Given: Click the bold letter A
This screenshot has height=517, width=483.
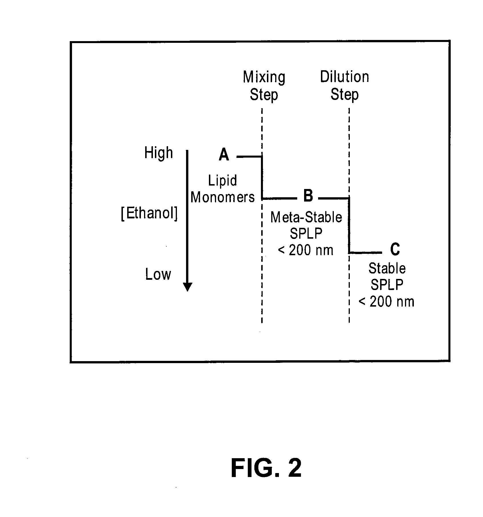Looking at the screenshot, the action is pos(224,155).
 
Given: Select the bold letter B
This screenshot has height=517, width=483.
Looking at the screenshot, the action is pos(308,196).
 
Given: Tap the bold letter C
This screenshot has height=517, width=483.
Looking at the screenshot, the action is pos(395,250).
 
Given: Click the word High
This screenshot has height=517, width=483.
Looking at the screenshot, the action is pos(159,154).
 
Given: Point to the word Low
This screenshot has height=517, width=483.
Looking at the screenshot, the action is pos(158,274).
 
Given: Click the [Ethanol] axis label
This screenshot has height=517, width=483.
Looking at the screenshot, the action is pos(149,214).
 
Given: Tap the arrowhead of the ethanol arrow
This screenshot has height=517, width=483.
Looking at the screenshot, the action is pos(187,287).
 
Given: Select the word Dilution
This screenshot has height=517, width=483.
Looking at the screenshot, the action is pos(344,77).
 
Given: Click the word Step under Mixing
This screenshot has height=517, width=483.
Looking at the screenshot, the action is pos(264,95).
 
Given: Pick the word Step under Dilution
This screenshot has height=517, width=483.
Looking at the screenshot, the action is pos(344,95).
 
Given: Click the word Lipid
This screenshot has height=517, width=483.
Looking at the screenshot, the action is pos(222,181).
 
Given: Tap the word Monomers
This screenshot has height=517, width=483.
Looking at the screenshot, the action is pos(223,197).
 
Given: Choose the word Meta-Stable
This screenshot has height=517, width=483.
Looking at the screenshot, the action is pos(306,217).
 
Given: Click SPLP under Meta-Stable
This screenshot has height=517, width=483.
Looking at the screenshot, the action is pos(306,234).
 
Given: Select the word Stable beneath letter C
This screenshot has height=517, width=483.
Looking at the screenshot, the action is pos(387,268).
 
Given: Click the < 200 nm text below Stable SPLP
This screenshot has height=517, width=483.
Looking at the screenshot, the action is pos(386,302).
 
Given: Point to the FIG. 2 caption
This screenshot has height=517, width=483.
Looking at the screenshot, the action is pos(266,468).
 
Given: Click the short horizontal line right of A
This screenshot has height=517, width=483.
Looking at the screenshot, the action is pos(249,156).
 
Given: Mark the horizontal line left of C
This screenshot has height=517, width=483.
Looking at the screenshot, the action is pos(366,253).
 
